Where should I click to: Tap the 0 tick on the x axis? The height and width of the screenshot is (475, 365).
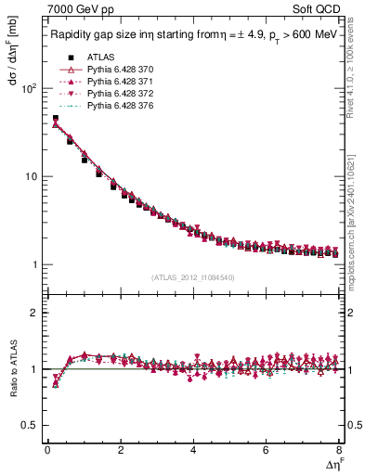[47, 450]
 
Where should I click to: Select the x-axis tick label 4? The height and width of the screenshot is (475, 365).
[193, 450]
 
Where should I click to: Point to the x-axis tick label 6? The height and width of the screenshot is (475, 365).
[266, 450]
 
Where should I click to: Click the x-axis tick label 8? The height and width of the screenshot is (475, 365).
[338, 450]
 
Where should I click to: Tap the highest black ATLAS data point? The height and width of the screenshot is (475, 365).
[55, 119]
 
